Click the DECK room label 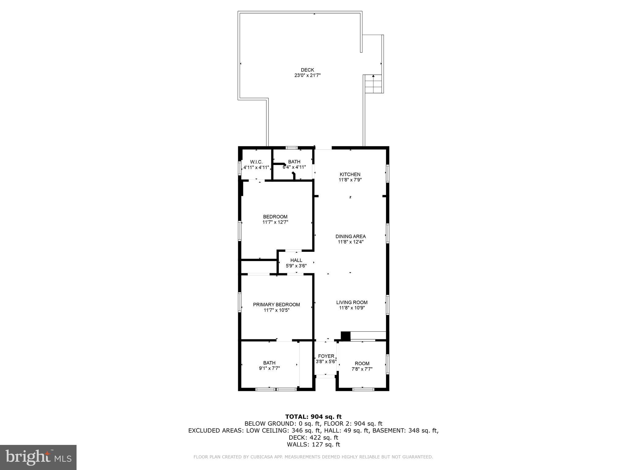(307, 70)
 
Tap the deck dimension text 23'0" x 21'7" (307, 75)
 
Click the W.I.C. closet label (256, 162)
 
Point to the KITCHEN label (350, 174)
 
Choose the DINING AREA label (351, 236)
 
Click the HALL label (296, 260)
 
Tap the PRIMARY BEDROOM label (276, 304)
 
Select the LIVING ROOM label (352, 302)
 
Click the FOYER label (326, 356)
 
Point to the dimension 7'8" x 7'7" (362, 369)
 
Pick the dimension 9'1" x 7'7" (269, 368)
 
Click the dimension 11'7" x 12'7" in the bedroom (275, 222)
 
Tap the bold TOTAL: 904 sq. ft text (313, 416)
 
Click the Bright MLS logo (38, 457)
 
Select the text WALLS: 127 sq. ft (313, 445)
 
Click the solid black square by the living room (345, 336)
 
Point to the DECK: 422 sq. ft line (313, 438)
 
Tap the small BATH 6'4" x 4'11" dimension (294, 167)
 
